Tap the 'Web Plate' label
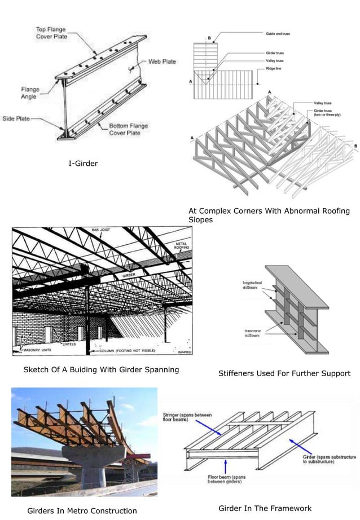(162, 61)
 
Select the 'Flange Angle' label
(29, 92)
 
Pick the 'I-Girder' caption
(83, 164)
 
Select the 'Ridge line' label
(274, 68)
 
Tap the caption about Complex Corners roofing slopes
(269, 215)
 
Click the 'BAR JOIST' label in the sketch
(102, 230)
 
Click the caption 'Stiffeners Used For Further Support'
(284, 373)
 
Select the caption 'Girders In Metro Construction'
(82, 511)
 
